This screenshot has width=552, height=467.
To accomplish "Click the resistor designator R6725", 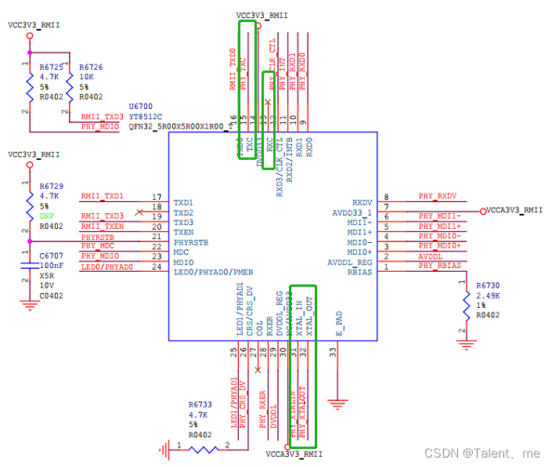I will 52,68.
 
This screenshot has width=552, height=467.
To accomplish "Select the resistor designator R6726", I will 92,68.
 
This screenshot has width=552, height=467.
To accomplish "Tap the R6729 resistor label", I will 52,186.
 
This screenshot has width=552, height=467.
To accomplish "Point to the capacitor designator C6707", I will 51,256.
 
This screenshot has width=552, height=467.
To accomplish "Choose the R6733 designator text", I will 200,405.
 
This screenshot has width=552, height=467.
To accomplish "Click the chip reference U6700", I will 141,106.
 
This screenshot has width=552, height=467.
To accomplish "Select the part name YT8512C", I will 144,115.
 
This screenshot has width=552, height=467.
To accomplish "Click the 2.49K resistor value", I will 488,295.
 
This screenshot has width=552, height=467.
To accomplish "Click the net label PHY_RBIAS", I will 439,266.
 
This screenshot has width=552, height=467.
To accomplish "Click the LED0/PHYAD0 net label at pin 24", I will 106,266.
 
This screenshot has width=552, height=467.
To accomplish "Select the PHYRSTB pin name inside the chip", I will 191,242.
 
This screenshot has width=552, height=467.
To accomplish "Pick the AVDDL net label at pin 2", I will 430,256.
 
